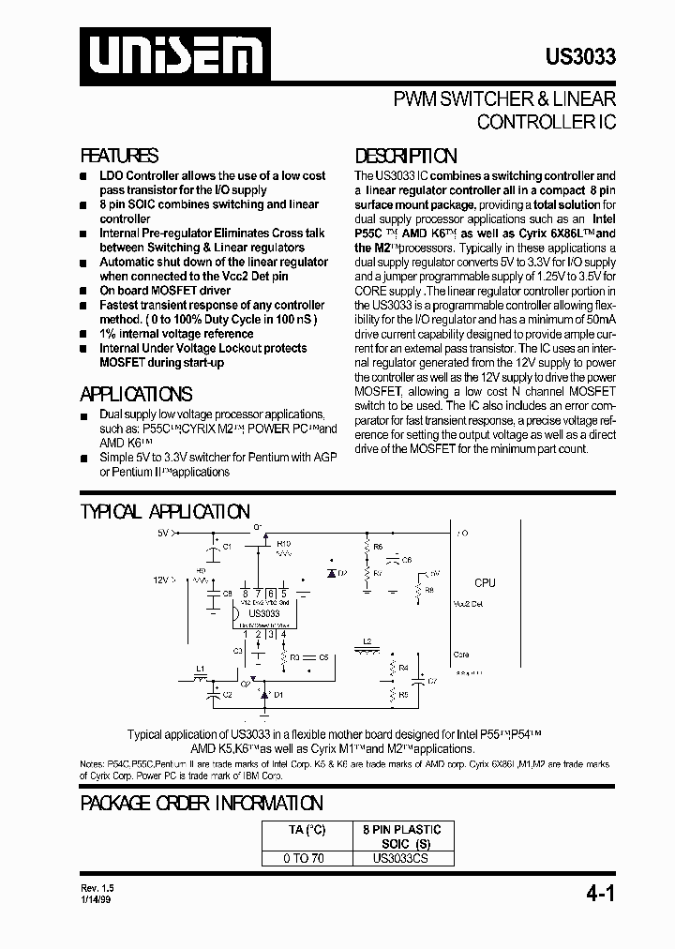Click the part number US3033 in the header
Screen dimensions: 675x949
[580, 57]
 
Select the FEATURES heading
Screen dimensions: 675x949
[119, 156]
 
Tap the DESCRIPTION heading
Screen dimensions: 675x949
[406, 156]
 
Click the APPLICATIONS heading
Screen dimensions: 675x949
[137, 394]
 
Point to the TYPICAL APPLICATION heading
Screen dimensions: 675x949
[165, 512]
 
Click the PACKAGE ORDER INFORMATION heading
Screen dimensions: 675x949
[202, 803]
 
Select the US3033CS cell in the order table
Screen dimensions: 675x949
[401, 857]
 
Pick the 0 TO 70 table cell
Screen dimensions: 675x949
[305, 857]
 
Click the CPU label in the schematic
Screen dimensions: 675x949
[485, 583]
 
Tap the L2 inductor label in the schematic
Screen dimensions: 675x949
[367, 640]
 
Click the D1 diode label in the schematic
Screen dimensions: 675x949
[277, 695]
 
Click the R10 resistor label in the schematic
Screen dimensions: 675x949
[284, 543]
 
